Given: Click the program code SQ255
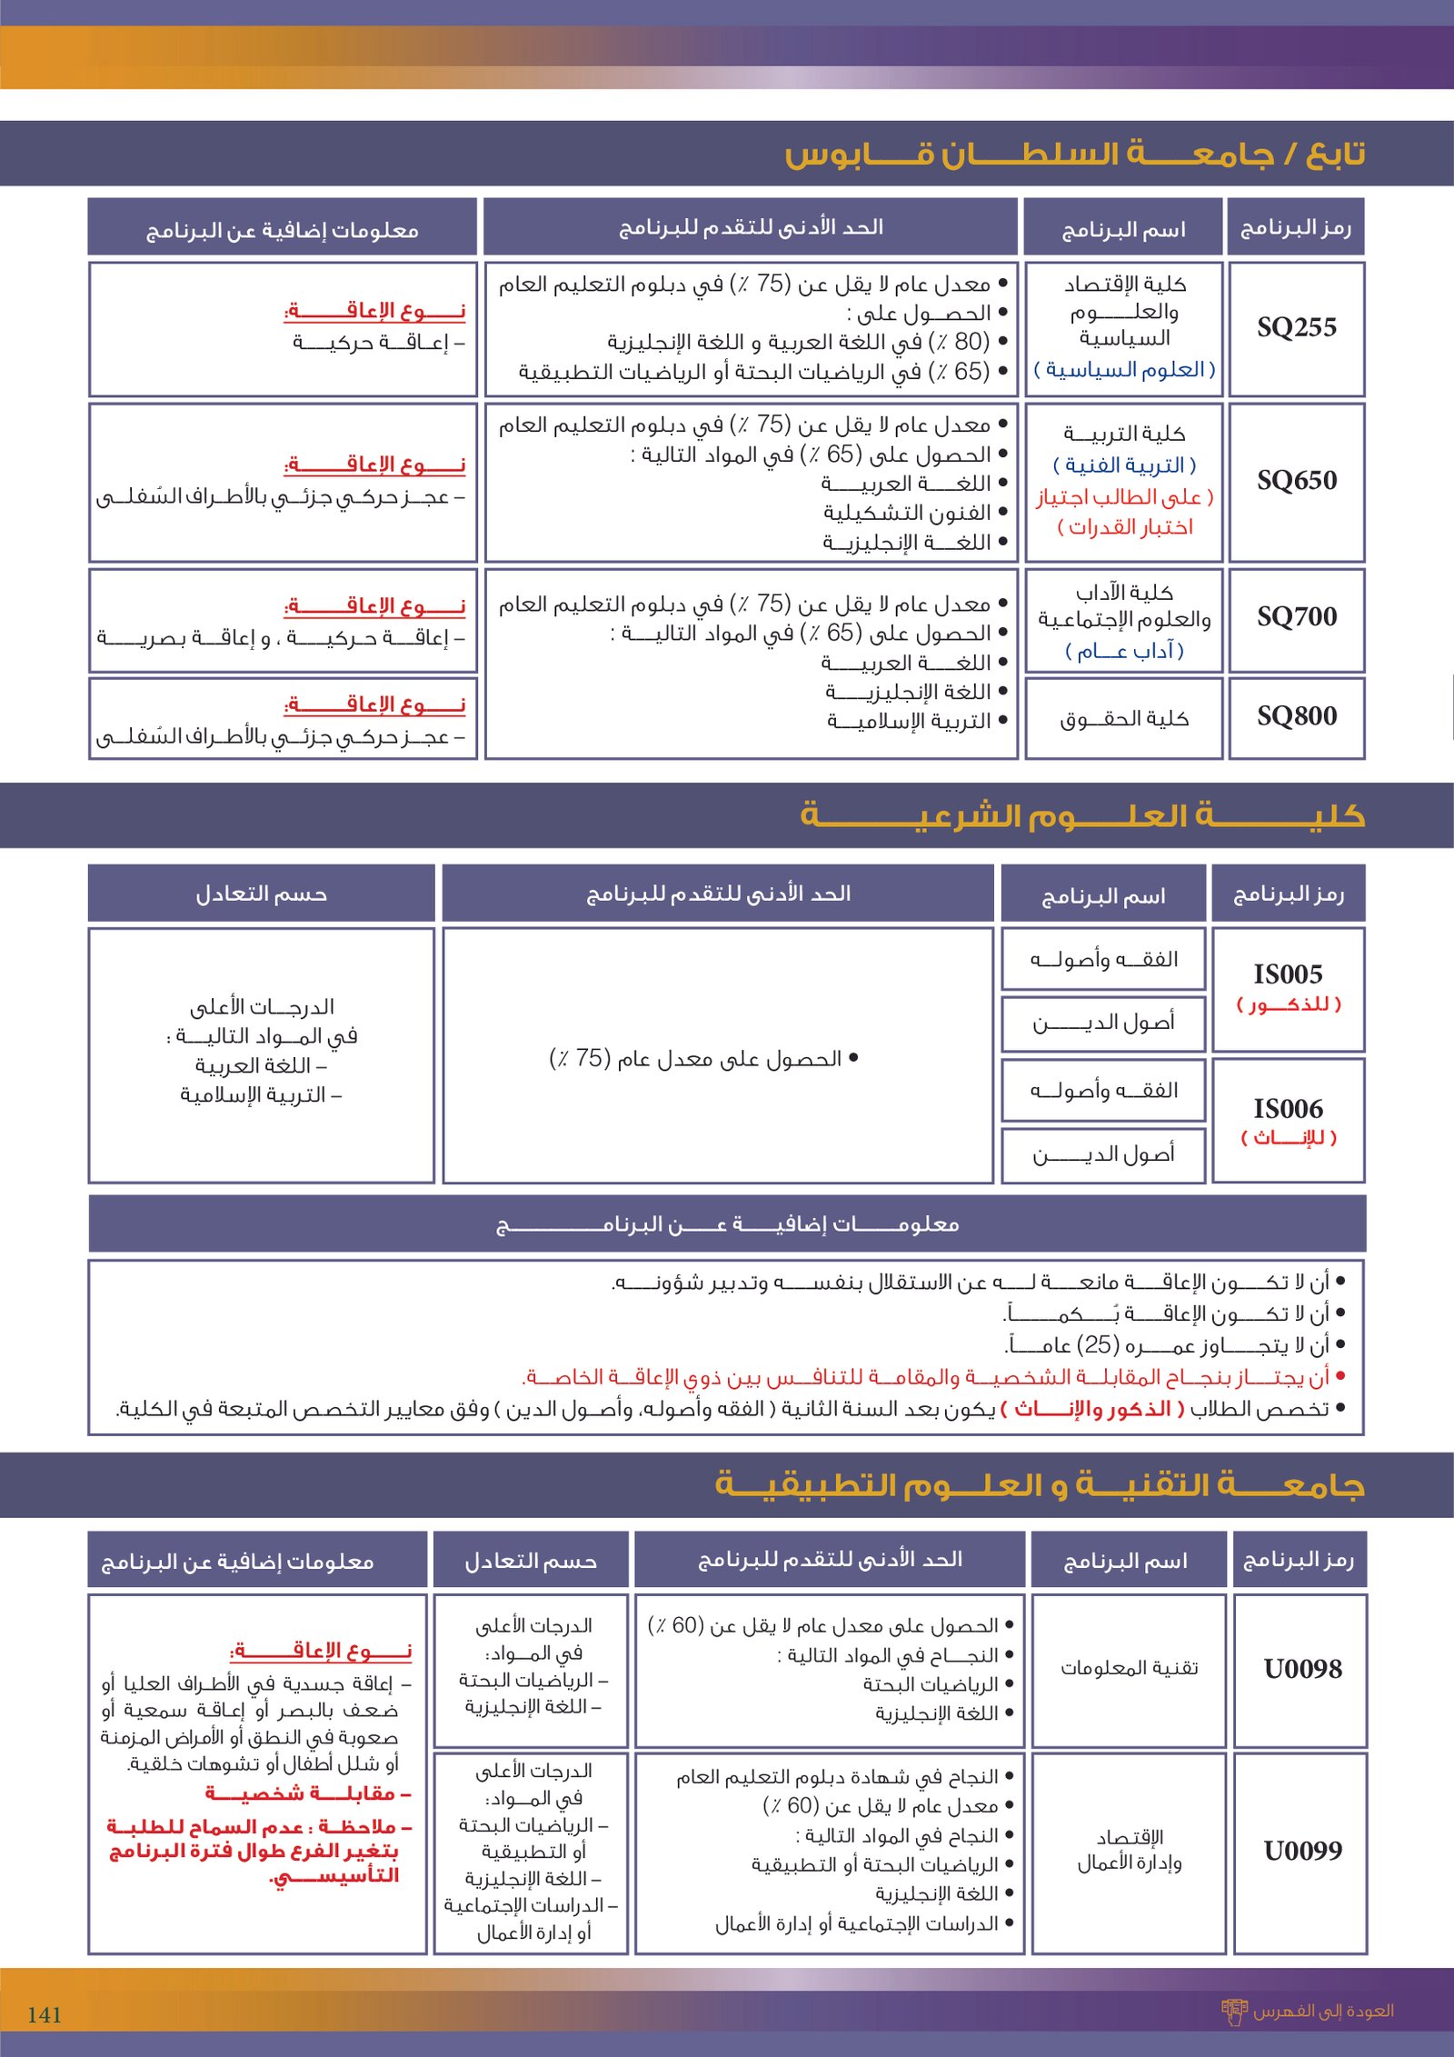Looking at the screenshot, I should tap(1296, 327).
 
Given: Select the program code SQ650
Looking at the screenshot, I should tap(1296, 480).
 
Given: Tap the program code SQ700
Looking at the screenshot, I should tap(1296, 617).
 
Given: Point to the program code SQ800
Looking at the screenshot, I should tap(1296, 716).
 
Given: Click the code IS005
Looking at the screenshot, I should tap(1288, 974).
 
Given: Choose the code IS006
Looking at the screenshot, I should tap(1288, 1109).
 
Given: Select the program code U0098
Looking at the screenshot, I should tap(1302, 1669).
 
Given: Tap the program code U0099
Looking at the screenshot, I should tap(1302, 1851).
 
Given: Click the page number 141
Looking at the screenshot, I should tap(45, 2015).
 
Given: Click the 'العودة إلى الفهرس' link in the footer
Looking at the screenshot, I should tap(1321, 2011).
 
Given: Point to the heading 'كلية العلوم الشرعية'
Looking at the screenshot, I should tap(1081, 815).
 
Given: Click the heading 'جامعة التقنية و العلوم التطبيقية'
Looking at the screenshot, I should tap(1040, 1485).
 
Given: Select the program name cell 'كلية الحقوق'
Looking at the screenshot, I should tap(1124, 719).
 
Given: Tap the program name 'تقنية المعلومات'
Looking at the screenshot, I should tap(1129, 1668).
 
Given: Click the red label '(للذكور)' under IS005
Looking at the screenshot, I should tap(1288, 1004).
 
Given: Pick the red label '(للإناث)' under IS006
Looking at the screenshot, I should tap(1288, 1138).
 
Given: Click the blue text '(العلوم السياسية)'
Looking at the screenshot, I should tap(1124, 370).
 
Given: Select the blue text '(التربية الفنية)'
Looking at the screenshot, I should tap(1124, 465).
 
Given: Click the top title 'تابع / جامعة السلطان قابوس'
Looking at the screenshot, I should tap(1074, 154).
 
